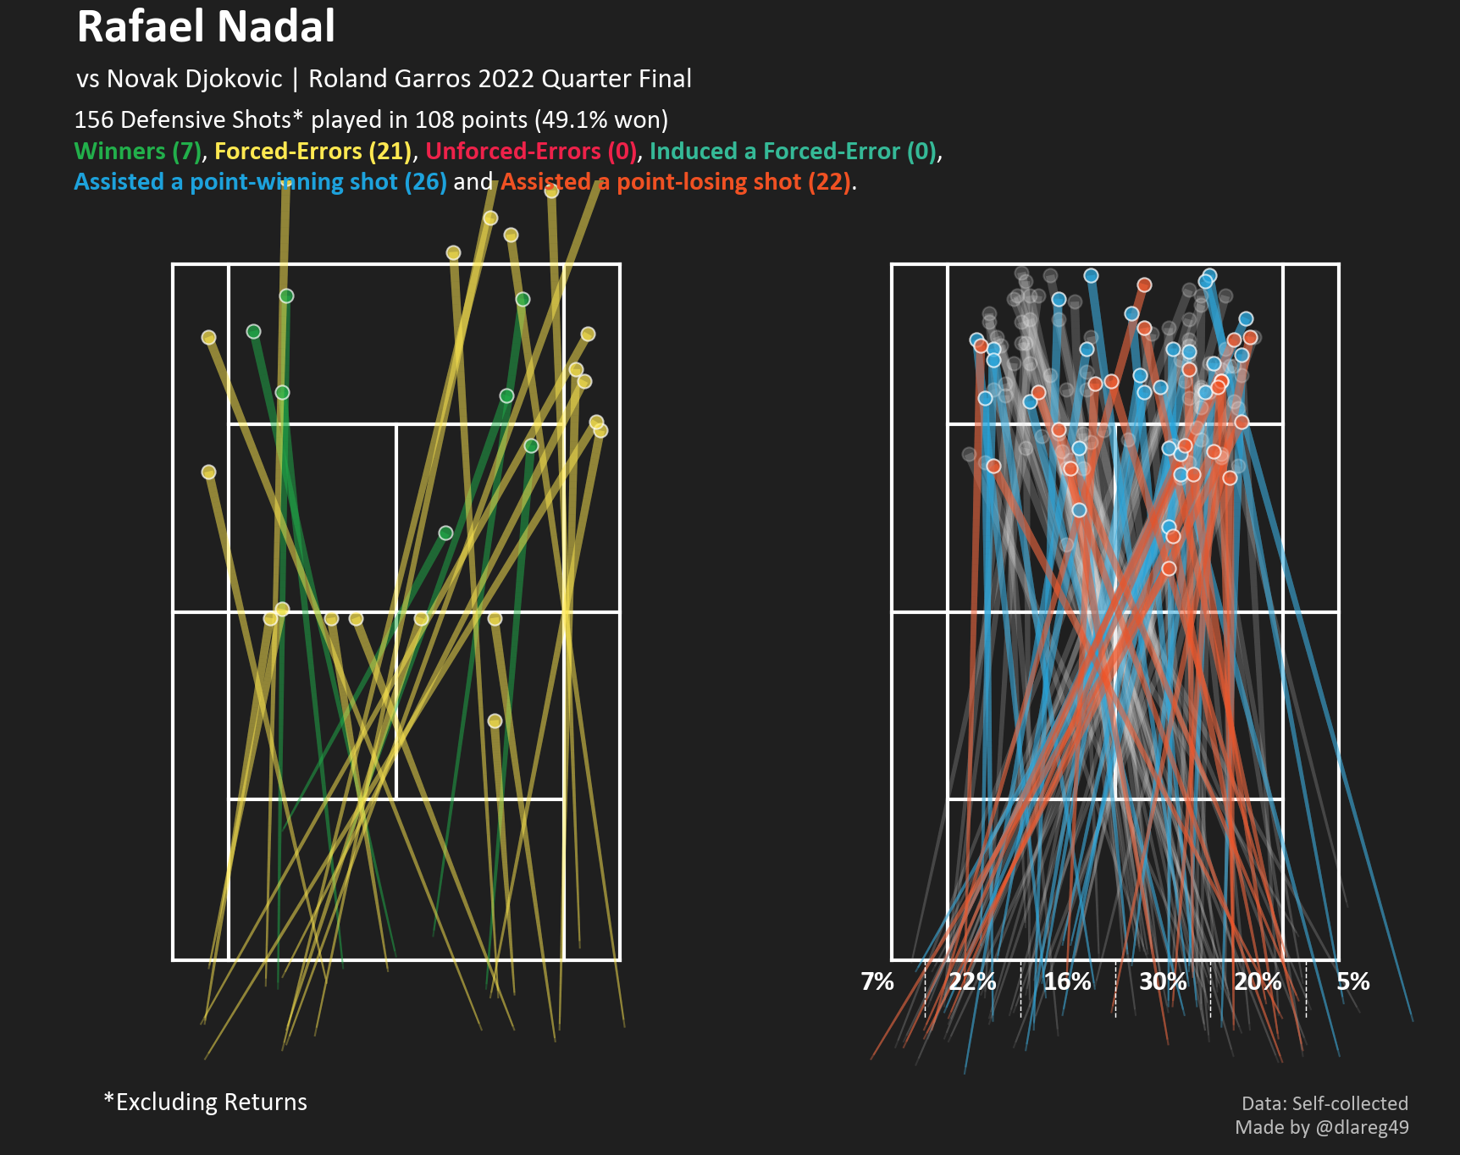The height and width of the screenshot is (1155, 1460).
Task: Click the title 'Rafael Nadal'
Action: click(x=206, y=27)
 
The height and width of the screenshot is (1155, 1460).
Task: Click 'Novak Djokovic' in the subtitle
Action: click(x=194, y=79)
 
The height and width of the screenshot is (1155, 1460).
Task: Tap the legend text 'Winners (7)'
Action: click(x=138, y=152)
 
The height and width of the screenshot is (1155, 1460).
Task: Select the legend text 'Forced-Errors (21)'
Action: click(x=312, y=152)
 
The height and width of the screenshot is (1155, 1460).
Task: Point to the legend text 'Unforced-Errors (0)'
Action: click(x=530, y=152)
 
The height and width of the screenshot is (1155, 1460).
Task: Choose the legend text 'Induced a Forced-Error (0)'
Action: click(x=794, y=152)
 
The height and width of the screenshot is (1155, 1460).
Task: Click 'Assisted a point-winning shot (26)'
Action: click(x=260, y=182)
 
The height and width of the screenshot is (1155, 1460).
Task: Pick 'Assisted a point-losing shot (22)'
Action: click(x=676, y=182)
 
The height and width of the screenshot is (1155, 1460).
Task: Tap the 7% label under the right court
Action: click(x=877, y=981)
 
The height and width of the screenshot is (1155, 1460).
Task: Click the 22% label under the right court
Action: click(x=972, y=981)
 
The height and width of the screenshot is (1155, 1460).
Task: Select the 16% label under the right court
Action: click(x=1067, y=981)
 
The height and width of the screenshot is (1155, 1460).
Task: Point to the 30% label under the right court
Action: click(x=1163, y=981)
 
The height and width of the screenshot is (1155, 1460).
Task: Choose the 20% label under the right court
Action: click(x=1258, y=981)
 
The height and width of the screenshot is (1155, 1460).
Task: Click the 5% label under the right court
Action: click(x=1352, y=981)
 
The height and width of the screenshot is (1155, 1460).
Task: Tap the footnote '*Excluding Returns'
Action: click(x=206, y=1102)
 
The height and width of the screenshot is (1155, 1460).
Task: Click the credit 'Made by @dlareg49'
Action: click(x=1321, y=1127)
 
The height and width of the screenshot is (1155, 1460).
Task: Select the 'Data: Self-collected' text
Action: click(x=1325, y=1103)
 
